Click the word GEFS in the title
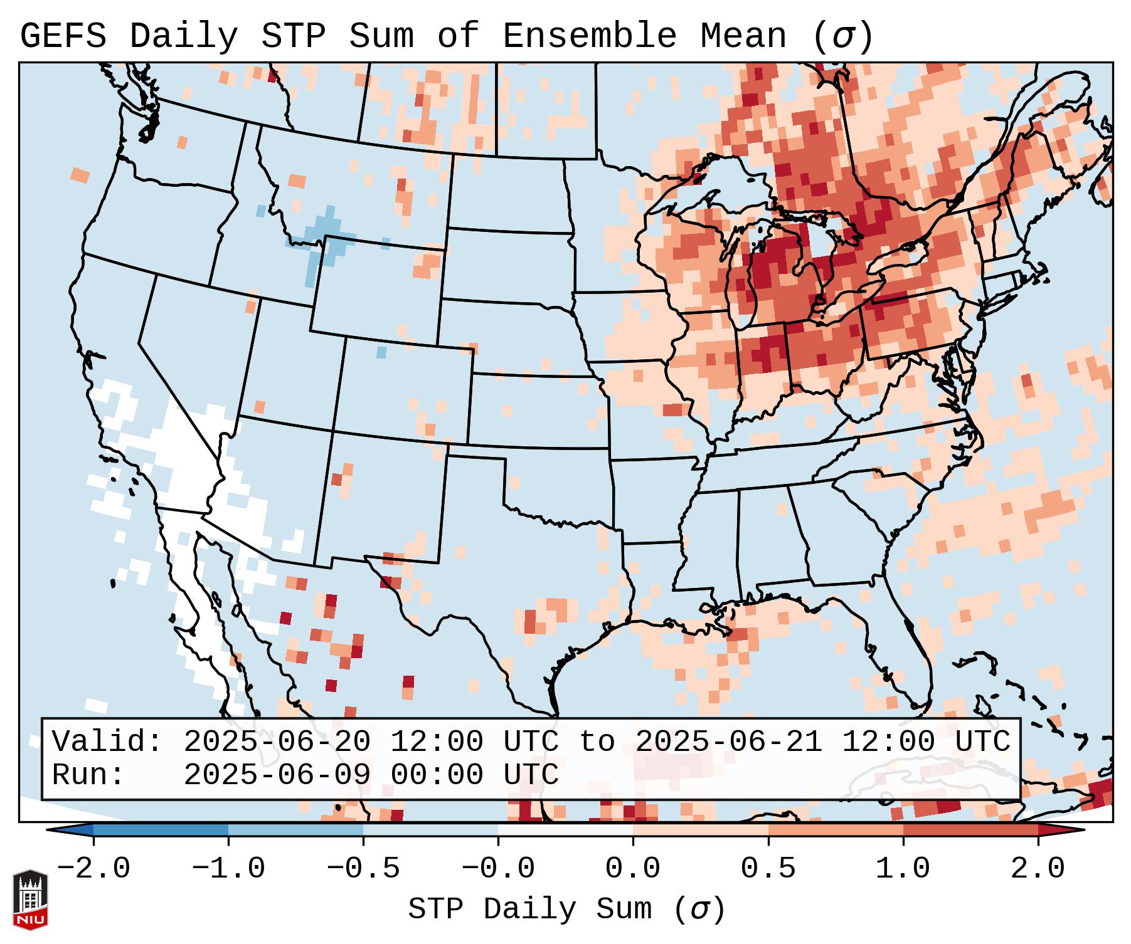pyautogui.click(x=63, y=36)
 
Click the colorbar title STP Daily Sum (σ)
pyautogui.click(x=566, y=910)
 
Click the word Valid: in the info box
pyautogui.click(x=107, y=742)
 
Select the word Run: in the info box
pyautogui.click(x=88, y=775)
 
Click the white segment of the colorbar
pyautogui.click(x=565, y=831)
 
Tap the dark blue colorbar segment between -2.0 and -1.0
pyautogui.click(x=161, y=831)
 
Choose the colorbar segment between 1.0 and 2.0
pyautogui.click(x=970, y=831)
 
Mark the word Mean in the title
pyautogui.click(x=743, y=36)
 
